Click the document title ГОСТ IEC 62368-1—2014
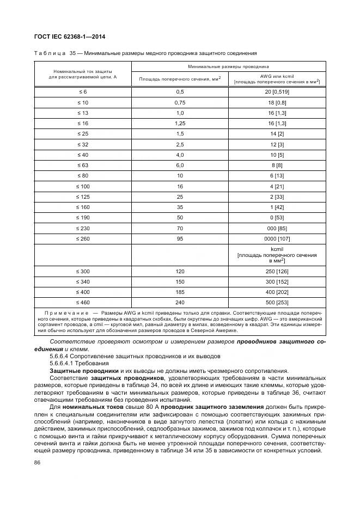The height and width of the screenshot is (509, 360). pyautogui.click(x=70, y=37)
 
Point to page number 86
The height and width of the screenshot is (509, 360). pyautogui.click(x=38, y=463)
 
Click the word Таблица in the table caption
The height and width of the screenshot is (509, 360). pyautogui.click(x=50, y=53)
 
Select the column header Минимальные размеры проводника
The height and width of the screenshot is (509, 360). pyautogui.click(x=228, y=66)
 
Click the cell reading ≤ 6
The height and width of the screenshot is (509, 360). pyautogui.click(x=83, y=92)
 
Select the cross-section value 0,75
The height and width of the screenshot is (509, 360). pyautogui.click(x=180, y=102)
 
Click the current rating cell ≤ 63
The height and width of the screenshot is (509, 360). pyautogui.click(x=83, y=164)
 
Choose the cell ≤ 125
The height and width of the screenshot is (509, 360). pyautogui.click(x=83, y=195)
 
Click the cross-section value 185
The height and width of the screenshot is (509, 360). pyautogui.click(x=180, y=291)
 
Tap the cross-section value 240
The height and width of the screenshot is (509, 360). pyautogui.click(x=180, y=302)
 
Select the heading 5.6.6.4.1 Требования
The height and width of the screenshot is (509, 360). pyautogui.click(x=78, y=363)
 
